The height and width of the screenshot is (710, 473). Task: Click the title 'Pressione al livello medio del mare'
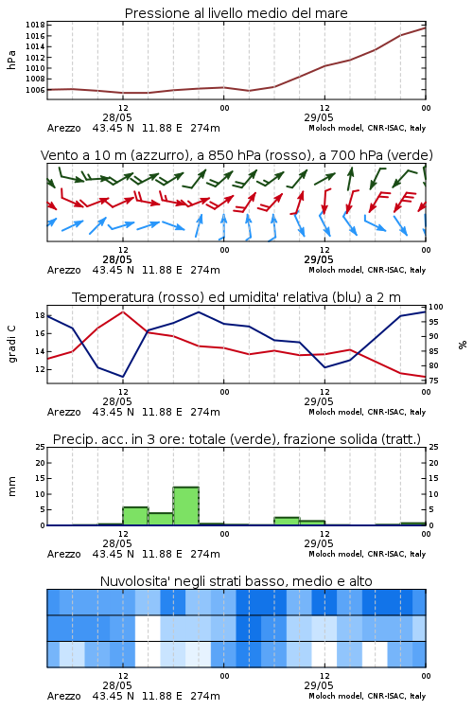236,13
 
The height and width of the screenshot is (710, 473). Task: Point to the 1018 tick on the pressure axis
35,25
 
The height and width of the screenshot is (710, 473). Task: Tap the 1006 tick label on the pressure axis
35,90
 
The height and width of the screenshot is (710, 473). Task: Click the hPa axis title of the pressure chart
11,61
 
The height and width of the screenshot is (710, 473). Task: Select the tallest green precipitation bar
186,506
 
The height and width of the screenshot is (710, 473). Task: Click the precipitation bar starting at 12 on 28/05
135,516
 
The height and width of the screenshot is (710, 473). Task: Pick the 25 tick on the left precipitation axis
41,447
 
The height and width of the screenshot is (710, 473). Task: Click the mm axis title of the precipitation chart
11,487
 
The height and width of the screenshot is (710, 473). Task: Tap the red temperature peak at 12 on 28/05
123,311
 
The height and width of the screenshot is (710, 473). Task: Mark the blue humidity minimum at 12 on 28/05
123,377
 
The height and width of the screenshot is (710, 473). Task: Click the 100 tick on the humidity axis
436,307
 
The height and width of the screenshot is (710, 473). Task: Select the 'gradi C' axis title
11,345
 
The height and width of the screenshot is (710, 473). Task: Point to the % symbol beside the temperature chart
463,345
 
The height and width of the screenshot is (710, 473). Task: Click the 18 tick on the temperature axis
40,315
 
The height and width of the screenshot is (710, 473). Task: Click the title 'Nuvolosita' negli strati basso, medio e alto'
236,581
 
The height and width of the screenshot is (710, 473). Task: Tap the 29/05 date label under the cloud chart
319,685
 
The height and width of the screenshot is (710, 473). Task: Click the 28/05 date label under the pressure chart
117,117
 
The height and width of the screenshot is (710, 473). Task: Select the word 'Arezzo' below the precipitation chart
63,554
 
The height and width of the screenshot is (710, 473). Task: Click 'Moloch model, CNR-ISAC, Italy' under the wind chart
367,270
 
